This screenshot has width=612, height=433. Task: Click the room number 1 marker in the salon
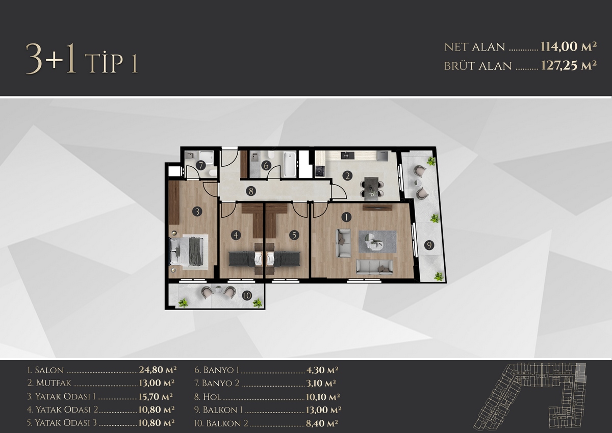346,217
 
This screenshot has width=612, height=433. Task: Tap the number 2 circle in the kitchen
347,175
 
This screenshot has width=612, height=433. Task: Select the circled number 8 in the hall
251,191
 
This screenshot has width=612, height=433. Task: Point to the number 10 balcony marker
247,295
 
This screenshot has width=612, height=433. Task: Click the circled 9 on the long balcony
429,245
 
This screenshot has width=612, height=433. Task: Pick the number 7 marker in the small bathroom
201,166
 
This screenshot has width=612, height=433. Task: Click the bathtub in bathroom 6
290,164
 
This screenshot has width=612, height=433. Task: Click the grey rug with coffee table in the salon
377,242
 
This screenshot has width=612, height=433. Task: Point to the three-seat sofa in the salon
374,267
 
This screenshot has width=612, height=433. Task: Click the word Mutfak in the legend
53,383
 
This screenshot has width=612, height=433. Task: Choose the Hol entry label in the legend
212,397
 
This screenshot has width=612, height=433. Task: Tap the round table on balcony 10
218,289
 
